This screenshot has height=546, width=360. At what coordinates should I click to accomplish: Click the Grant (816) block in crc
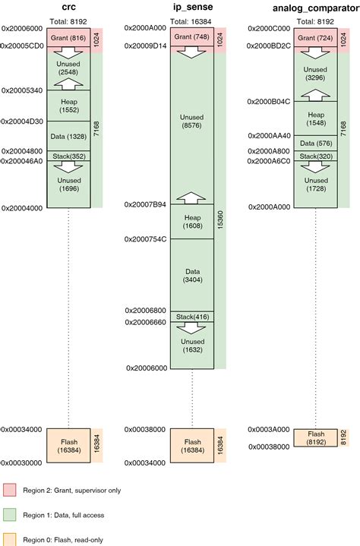[x=69, y=36]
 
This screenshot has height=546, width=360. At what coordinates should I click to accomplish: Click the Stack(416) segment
[x=192, y=316]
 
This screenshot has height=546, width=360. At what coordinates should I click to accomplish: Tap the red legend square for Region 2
[x=10, y=491]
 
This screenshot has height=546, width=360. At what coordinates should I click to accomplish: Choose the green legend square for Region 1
[x=10, y=515]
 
